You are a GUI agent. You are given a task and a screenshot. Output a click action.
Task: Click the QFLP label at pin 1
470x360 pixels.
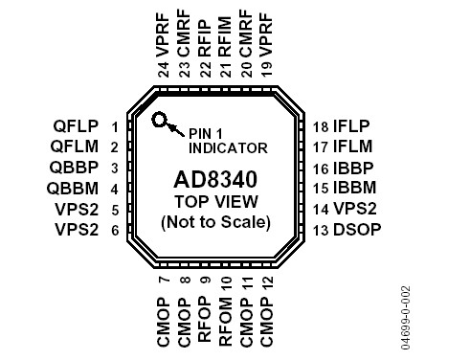76,126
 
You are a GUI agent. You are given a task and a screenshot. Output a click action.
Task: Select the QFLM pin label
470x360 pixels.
76,146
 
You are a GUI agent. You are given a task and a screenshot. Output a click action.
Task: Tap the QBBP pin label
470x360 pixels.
76,168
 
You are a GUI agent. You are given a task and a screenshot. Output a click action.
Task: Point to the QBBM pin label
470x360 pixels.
76,189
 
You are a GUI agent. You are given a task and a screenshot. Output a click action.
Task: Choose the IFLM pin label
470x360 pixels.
352,146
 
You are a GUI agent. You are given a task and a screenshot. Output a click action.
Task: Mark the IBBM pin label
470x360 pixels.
353,188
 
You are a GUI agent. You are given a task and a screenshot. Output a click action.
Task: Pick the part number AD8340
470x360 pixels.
215,179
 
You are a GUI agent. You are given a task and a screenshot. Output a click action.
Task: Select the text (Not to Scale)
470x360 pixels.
215,222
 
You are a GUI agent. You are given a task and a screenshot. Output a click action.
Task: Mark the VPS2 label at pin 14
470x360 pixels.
353,209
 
